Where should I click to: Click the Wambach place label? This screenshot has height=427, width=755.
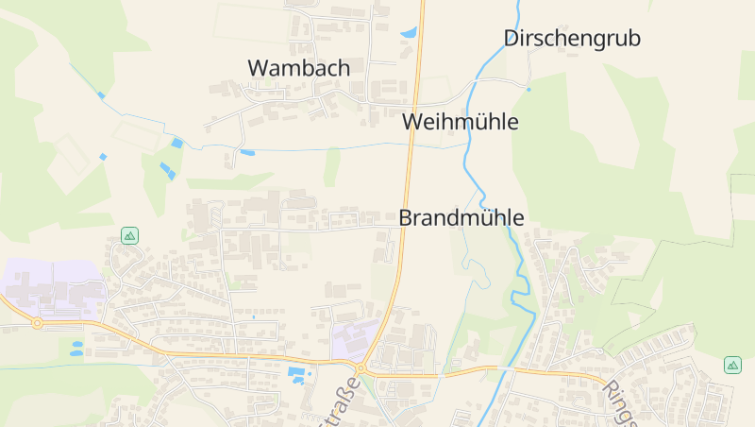coord(298,68)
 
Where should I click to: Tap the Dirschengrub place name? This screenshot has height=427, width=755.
coord(572,39)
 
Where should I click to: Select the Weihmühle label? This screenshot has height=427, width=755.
coord(460,122)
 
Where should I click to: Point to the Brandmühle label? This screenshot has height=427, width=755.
coord(461,217)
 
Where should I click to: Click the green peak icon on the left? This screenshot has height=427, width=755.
coord(129,235)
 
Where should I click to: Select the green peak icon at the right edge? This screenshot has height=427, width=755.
coord(732,365)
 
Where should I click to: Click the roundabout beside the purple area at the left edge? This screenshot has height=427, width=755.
coord(38,323)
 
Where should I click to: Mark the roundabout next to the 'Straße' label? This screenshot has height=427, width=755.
coord(360,368)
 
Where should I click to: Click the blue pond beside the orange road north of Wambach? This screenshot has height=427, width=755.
coord(409,33)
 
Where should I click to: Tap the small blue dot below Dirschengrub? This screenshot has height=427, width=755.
coord(529,90)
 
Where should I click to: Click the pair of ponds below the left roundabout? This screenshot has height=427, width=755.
coord(75,348)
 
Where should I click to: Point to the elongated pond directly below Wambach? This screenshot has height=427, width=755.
coord(247,152)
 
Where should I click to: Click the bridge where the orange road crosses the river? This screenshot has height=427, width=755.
coord(511,369)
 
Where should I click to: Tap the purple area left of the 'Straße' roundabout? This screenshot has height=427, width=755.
coord(354,337)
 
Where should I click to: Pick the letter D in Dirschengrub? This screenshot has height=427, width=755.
coord(512,39)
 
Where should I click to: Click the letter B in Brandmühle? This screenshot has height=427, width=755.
coord(407,217)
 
